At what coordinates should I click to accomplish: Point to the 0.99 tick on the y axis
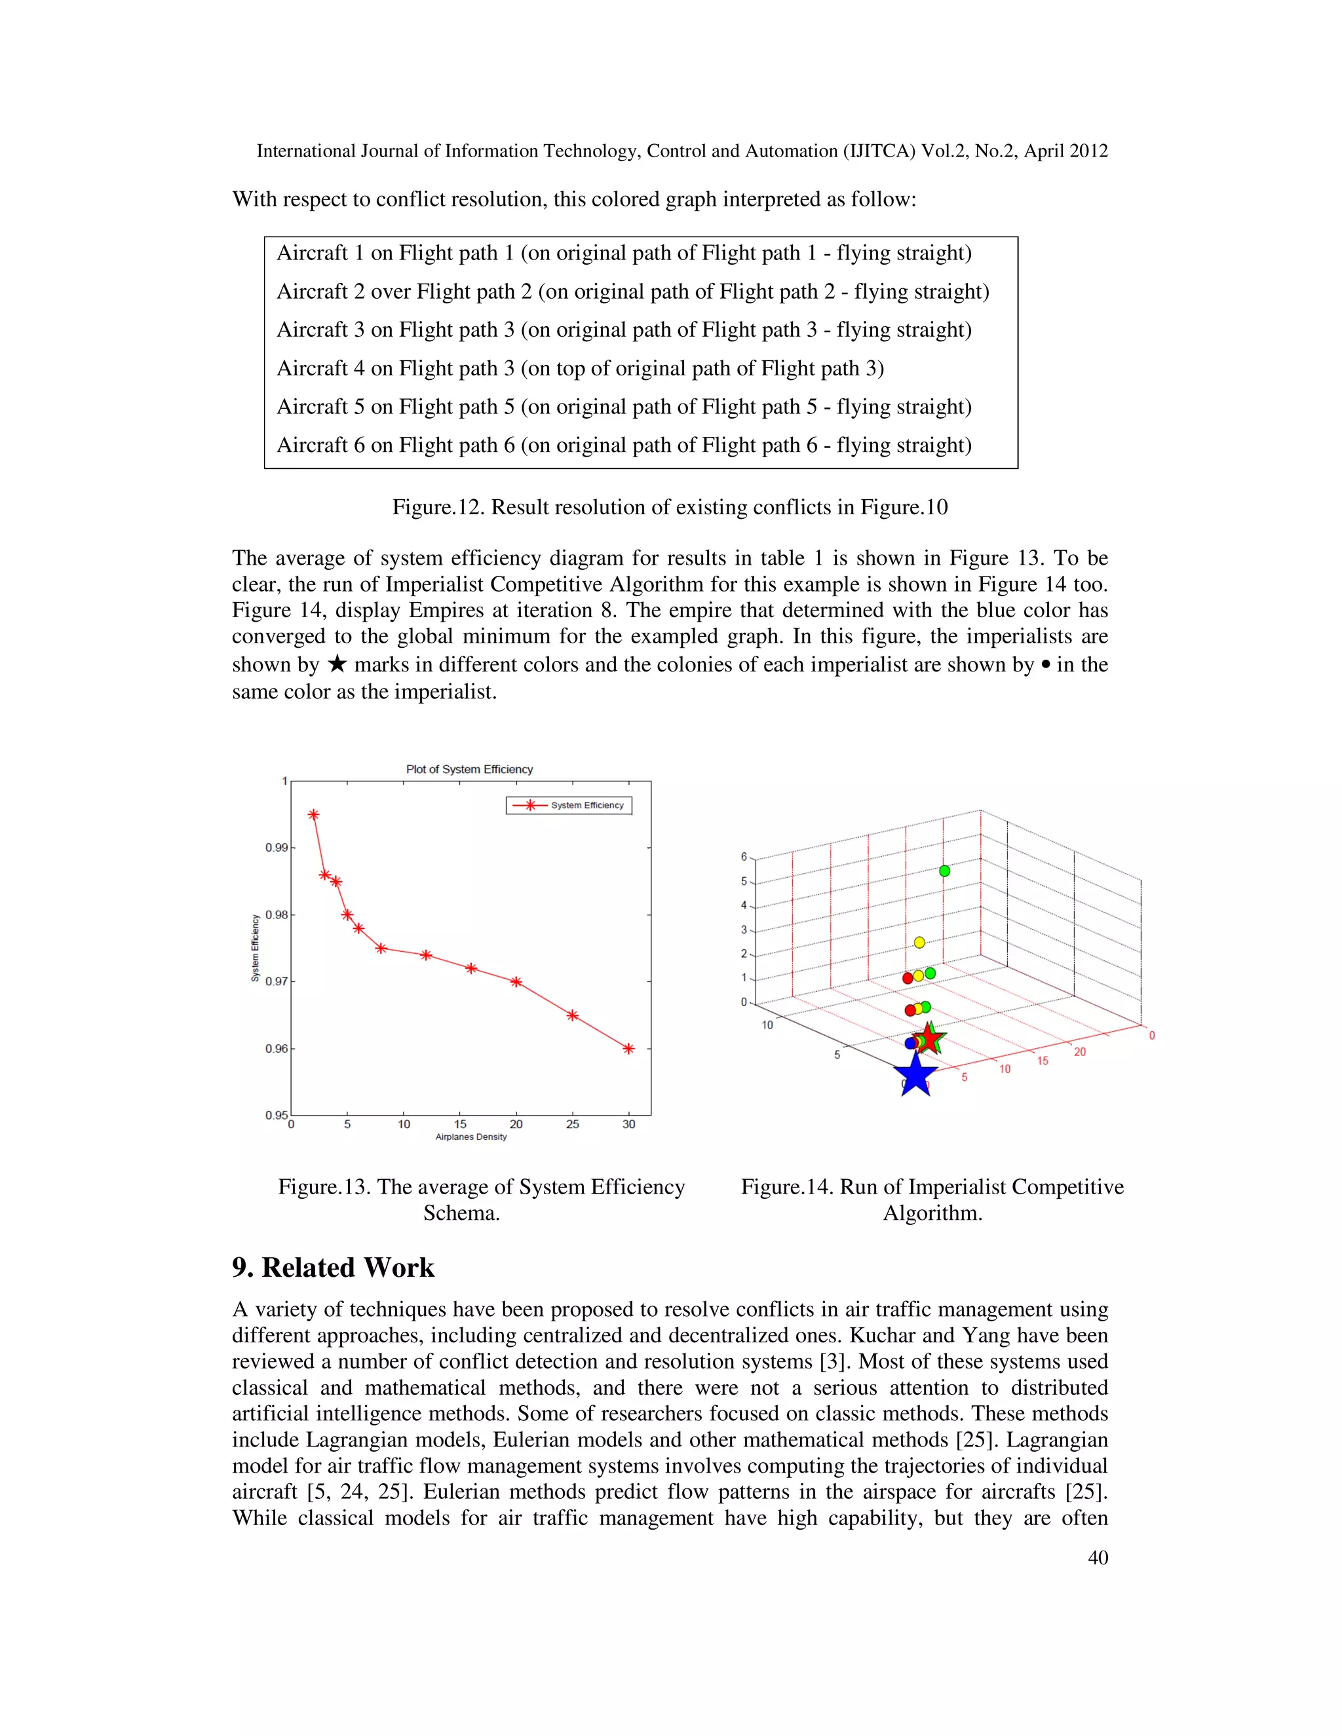click(x=276, y=847)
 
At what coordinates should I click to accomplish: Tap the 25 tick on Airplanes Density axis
click(x=573, y=1124)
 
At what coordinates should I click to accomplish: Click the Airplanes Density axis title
click(x=470, y=1137)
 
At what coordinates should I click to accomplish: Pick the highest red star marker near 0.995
click(x=313, y=815)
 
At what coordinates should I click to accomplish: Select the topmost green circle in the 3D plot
click(x=944, y=871)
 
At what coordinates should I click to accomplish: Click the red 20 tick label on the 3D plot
click(x=1080, y=1051)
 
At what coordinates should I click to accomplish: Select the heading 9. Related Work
click(x=333, y=1267)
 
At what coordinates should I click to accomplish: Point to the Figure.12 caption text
click(x=670, y=507)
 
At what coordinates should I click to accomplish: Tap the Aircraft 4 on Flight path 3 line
click(x=579, y=368)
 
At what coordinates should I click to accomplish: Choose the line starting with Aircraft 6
click(x=623, y=445)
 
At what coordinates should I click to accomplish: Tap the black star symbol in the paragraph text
click(x=337, y=664)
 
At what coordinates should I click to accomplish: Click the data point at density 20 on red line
click(x=516, y=982)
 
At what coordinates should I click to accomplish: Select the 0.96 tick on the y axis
click(x=276, y=1048)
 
